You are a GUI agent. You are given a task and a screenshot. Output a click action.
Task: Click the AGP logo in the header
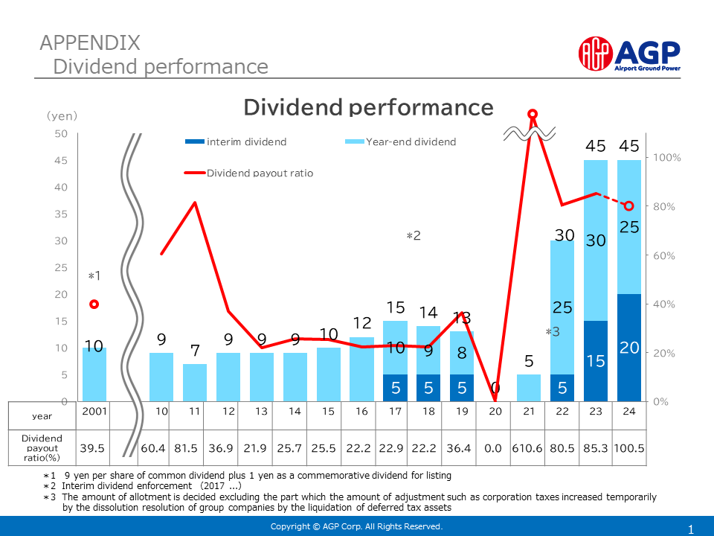[x=629, y=53]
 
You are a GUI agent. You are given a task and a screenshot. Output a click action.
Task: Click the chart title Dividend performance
[x=368, y=107]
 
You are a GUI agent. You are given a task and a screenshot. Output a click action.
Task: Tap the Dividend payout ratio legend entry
[x=249, y=173]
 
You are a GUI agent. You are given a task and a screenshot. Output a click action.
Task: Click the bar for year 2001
[x=94, y=374]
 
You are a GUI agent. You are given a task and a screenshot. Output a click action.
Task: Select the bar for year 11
[x=195, y=383]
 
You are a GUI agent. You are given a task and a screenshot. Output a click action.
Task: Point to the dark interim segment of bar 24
[x=629, y=348]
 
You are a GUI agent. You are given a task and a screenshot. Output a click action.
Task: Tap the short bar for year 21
[x=529, y=388]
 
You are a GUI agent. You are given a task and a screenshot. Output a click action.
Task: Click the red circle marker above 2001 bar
[x=94, y=304]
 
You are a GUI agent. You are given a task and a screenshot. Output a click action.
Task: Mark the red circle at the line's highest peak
[x=533, y=114]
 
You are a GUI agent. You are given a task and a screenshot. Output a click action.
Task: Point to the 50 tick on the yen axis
[x=61, y=134]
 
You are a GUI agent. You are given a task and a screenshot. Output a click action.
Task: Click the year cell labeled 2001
[x=94, y=412]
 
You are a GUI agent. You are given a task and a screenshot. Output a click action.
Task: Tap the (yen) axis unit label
[x=62, y=116]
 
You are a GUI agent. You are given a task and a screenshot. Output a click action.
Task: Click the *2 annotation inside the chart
[x=414, y=235]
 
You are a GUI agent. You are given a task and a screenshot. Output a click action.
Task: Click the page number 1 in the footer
[x=691, y=530]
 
